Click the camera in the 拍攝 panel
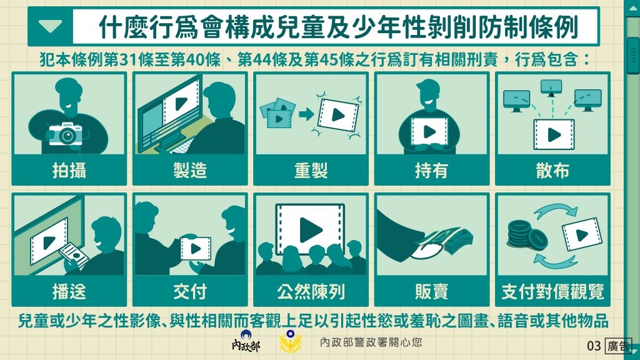pyautogui.click(x=65, y=133)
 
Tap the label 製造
pyautogui.click(x=190, y=170)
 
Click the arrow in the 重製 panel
pyautogui.click(x=306, y=114)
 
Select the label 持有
pyautogui.click(x=431, y=170)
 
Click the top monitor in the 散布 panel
pyautogui.click(x=551, y=87)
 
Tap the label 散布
pyautogui.click(x=552, y=170)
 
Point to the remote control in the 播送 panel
pyautogui.click(x=74, y=256)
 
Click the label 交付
pyautogui.click(x=190, y=291)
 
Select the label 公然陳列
pyautogui.click(x=311, y=291)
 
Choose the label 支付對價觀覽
pyautogui.click(x=552, y=291)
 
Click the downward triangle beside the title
pyautogui.click(x=51, y=26)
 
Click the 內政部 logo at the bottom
pyautogui.click(x=246, y=341)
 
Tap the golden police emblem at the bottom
pyautogui.click(x=290, y=341)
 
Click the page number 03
pyautogui.click(x=594, y=346)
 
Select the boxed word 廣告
pyautogui.click(x=618, y=346)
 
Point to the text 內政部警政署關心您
pyautogui.click(x=371, y=342)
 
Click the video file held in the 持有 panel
pyautogui.click(x=429, y=132)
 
